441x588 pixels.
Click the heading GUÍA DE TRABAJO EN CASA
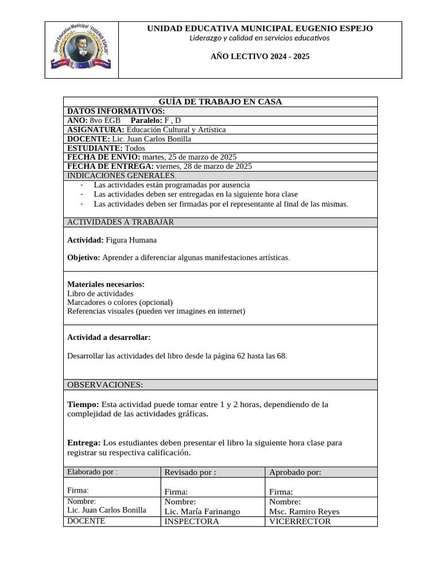(220, 102)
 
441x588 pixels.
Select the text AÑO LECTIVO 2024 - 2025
(260, 57)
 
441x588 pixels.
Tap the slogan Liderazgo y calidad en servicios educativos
(260, 38)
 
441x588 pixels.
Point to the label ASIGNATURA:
(95, 130)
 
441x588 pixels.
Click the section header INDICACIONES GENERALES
(122, 176)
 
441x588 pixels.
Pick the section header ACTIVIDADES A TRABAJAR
(121, 222)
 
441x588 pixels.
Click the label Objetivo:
(84, 258)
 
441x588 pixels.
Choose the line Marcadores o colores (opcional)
(120, 302)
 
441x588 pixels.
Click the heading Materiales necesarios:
(106, 284)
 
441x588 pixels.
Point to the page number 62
(241, 356)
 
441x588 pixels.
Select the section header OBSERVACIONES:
(105, 385)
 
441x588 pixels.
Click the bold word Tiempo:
(83, 404)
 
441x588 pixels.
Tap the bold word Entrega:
(84, 443)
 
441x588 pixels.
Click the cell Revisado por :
(190, 472)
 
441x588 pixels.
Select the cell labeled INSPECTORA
(192, 521)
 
